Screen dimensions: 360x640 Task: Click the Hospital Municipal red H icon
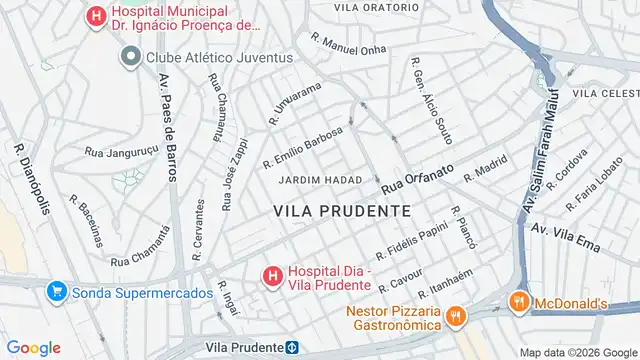pyautogui.click(x=95, y=16)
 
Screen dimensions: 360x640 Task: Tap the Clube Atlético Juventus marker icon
pyautogui.click(x=129, y=57)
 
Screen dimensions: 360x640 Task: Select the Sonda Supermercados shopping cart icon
pyautogui.click(x=56, y=293)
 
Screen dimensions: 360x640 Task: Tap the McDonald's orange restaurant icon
pyautogui.click(x=517, y=301)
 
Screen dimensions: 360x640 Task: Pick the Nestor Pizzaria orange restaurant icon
pyautogui.click(x=455, y=317)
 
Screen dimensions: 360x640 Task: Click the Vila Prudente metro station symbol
pyautogui.click(x=292, y=347)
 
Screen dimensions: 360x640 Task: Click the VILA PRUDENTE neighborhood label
pyautogui.click(x=341, y=211)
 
